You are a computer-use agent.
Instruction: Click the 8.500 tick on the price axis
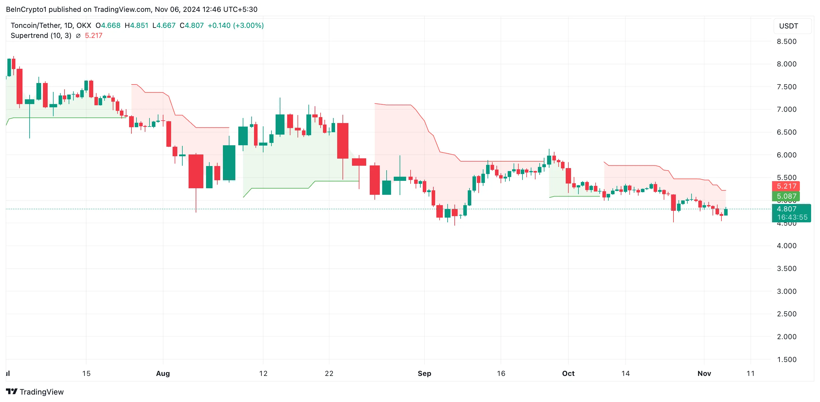786,42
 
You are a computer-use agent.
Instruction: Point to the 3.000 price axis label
786,291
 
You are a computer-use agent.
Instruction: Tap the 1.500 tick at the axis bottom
786,359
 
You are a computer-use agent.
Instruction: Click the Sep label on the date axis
424,373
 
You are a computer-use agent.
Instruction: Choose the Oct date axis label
568,373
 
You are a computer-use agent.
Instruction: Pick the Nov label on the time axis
704,373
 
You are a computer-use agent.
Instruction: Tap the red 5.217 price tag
786,186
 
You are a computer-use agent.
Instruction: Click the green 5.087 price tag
786,196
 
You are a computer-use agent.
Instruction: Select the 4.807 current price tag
786,209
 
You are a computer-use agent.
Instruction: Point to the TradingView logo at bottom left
35,392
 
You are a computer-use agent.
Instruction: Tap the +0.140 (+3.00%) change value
236,25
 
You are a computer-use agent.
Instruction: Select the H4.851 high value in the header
136,25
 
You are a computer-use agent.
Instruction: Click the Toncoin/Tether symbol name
35,25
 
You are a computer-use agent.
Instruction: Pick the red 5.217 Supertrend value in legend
94,36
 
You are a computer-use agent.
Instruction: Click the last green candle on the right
726,212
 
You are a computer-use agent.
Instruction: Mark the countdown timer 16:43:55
792,217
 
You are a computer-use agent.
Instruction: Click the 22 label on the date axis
329,373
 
